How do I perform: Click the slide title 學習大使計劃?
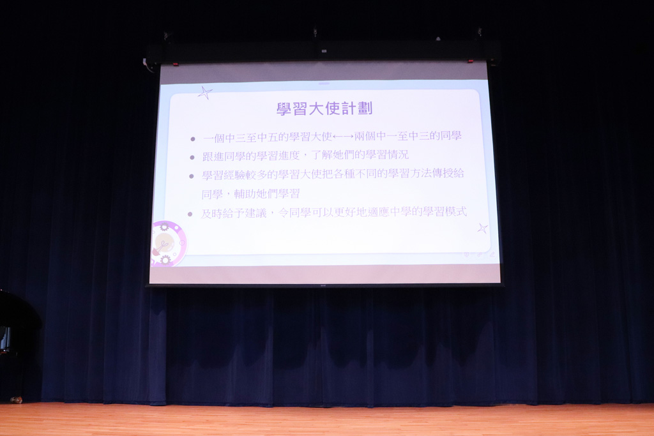pyautogui.click(x=324, y=109)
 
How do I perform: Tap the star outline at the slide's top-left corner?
pyautogui.click(x=204, y=93)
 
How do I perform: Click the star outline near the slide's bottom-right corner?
pyautogui.click(x=483, y=228)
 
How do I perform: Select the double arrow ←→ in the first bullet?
pyautogui.click(x=343, y=137)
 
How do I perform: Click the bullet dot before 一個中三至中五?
pyautogui.click(x=193, y=139)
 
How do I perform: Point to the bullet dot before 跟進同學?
pyautogui.click(x=192, y=158)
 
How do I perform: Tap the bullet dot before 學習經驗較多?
pyautogui.click(x=191, y=176)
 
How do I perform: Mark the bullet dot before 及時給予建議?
pyautogui.click(x=190, y=214)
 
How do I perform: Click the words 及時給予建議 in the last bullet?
pyautogui.click(x=234, y=213)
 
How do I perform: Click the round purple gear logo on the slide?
pyautogui.click(x=168, y=243)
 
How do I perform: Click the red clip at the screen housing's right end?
pyautogui.click(x=471, y=61)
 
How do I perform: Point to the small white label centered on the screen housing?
pyautogui.click(x=324, y=51)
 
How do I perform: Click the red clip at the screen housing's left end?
pyautogui.click(x=176, y=64)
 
